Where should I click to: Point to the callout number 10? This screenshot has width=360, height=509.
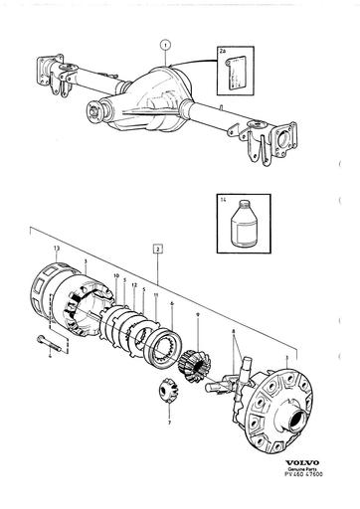[x=115, y=274]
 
